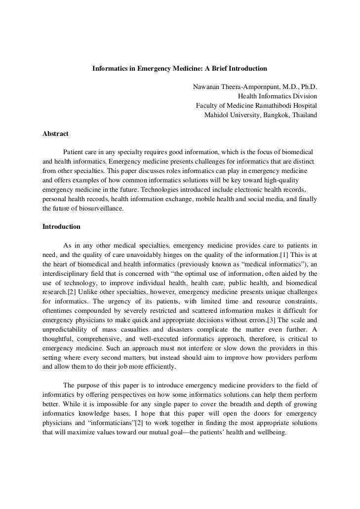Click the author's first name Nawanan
click(x=210, y=87)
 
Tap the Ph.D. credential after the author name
click(x=306, y=87)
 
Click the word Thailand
click(x=303, y=115)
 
